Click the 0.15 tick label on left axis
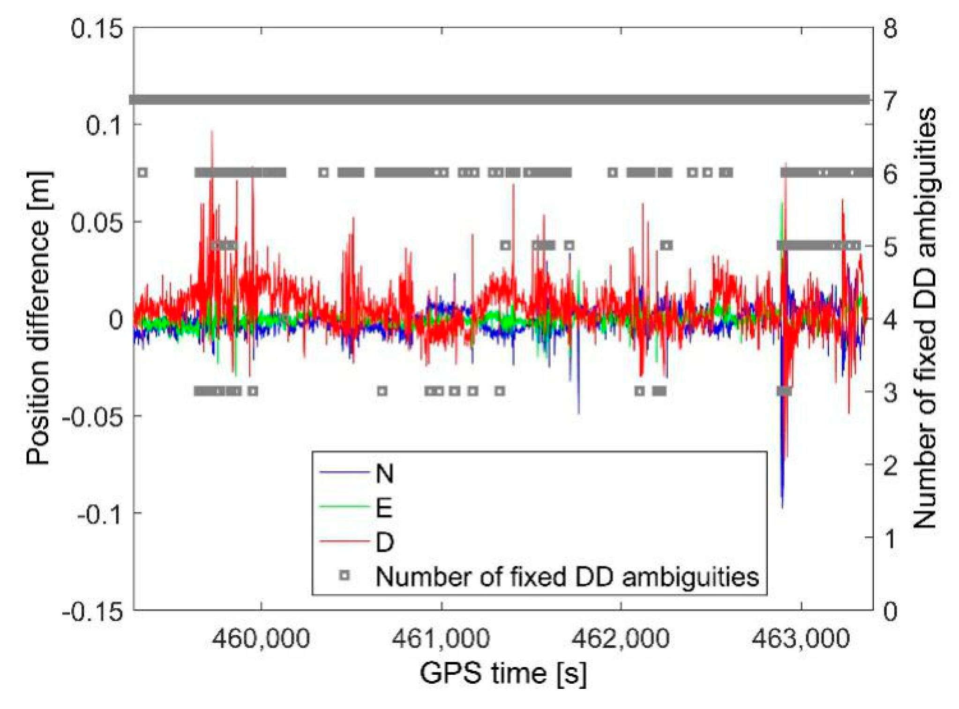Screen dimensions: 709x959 pos(97,29)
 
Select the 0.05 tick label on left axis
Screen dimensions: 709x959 pos(97,223)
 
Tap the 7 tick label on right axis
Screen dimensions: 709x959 pos(890,101)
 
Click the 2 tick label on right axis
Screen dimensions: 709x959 pos(890,466)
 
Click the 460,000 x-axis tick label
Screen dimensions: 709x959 pos(261,639)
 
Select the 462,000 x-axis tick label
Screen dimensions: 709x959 pos(621,639)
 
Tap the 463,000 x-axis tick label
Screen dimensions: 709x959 pos(801,639)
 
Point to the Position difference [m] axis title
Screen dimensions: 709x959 pos(38,319)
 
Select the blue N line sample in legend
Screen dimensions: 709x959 pos(343,472)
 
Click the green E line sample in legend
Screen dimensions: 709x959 pos(343,506)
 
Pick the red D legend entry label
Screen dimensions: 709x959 pos(384,542)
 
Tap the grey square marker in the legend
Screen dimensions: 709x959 pos(345,575)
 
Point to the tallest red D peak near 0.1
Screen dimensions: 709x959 pos(212,132)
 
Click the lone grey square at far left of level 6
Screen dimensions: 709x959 pos(143,173)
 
